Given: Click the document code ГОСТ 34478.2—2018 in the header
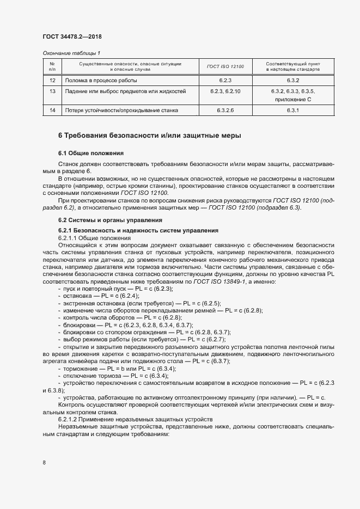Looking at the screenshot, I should pyautogui.click(x=72, y=36).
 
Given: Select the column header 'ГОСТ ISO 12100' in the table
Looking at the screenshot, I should pyautogui.click(x=225, y=67).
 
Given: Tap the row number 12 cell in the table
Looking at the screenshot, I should pyautogui.click(x=52, y=80).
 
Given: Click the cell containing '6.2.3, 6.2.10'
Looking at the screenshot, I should pyautogui.click(x=225, y=91).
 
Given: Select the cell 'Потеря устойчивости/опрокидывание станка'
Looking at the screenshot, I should pyautogui.click(x=121, y=111).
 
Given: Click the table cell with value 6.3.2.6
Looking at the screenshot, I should pyautogui.click(x=225, y=111).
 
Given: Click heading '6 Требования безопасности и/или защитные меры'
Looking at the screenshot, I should pyautogui.click(x=149, y=135).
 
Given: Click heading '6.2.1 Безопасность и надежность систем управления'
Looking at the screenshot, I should pyautogui.click(x=138, y=231).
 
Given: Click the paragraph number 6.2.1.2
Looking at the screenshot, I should pyautogui.click(x=70, y=419).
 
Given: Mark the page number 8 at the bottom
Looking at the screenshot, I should pyautogui.click(x=44, y=463).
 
